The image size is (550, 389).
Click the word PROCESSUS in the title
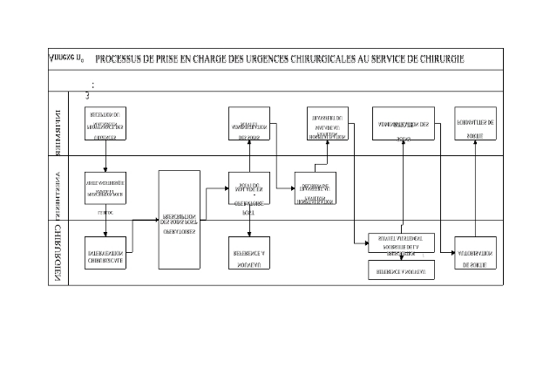point(123,59)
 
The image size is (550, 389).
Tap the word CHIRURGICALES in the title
point(311,59)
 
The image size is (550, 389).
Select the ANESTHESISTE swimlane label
point(56,189)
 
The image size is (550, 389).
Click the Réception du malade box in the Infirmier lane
point(105,125)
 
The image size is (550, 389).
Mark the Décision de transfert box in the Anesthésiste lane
point(316,189)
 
